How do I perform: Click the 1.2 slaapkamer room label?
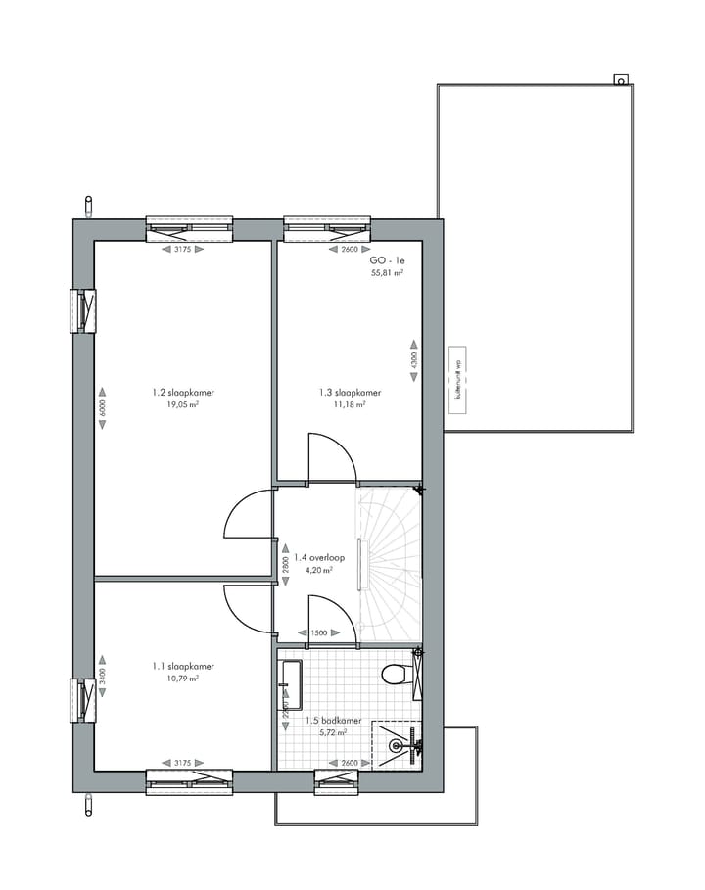click(183, 393)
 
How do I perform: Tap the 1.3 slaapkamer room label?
click(350, 393)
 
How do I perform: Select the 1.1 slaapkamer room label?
click(183, 666)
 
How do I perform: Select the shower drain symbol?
click(397, 746)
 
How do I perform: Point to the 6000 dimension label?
click(101, 408)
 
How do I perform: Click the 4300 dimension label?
click(413, 360)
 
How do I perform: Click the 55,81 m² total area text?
click(387, 273)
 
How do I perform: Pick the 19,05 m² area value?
click(183, 404)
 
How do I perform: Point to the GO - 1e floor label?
click(387, 261)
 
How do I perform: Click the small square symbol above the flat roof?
click(619, 79)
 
